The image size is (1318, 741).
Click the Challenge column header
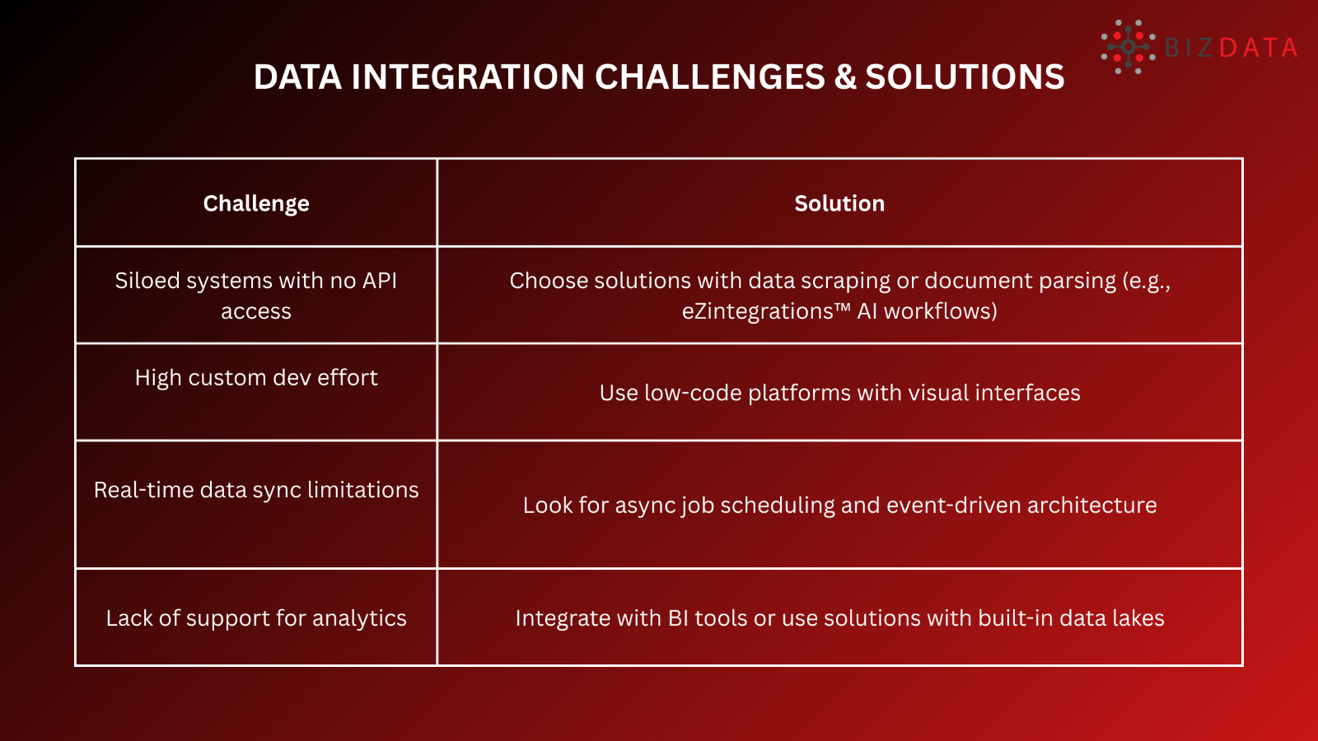pos(256,203)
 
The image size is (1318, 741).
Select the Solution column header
pos(839,203)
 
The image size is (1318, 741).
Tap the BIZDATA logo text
pos(1232,48)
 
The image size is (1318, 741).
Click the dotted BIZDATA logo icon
pos(1128,47)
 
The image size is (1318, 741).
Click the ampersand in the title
pos(845,77)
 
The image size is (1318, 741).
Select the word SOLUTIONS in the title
pos(965,77)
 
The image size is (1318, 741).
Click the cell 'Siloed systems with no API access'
pos(256,296)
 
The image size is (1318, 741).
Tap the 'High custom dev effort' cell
pos(256,378)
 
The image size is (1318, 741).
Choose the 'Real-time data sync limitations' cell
pos(256,490)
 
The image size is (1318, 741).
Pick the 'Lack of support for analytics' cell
pos(256,618)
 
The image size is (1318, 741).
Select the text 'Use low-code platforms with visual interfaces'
pos(839,393)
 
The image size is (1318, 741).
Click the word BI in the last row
pos(678,618)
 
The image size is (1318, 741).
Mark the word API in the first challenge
pos(380,281)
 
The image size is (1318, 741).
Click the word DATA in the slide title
pos(297,77)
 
